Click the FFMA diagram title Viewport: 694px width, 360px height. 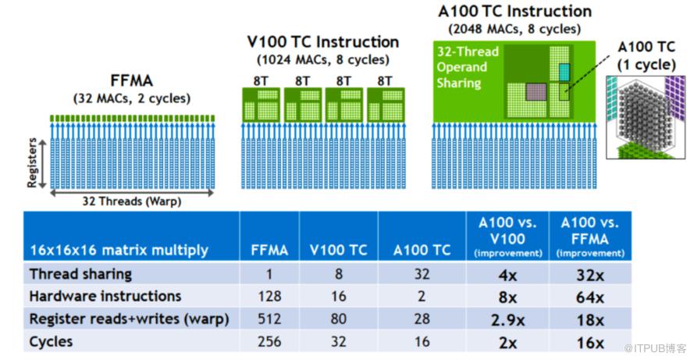pyautogui.click(x=131, y=80)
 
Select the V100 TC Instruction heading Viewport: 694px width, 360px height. pyautogui.click(x=322, y=41)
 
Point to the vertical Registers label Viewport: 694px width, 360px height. pyautogui.click(x=32, y=162)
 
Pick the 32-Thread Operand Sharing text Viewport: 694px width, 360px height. pyautogui.click(x=462, y=67)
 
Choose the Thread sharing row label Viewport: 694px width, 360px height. pyautogui.click(x=80, y=274)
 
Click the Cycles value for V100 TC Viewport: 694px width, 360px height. pyautogui.click(x=339, y=342)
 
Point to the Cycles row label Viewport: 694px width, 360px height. pyautogui.click(x=51, y=342)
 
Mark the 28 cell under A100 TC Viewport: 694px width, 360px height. pyautogui.click(x=422, y=319)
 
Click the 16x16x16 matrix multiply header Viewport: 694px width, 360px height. pyautogui.click(x=119, y=250)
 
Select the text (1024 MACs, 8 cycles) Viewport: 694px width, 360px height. pyautogui.click(x=322, y=60)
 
